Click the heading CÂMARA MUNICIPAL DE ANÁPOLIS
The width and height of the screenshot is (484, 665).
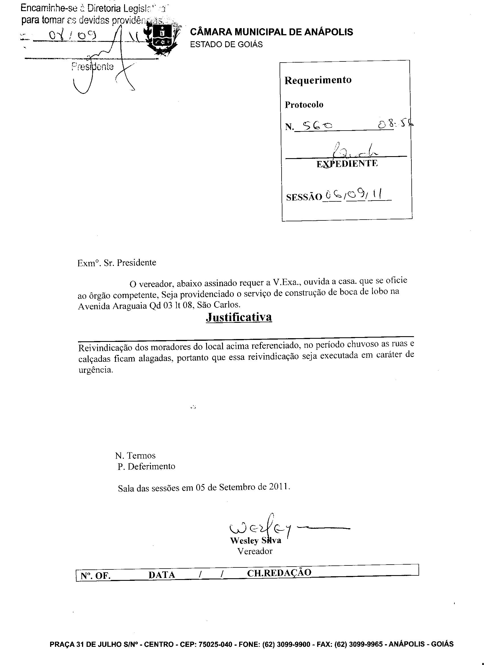271,32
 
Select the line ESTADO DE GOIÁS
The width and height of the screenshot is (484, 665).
226,45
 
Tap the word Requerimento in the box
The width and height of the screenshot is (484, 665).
318,80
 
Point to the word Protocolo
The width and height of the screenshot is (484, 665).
304,105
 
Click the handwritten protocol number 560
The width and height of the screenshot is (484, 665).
317,126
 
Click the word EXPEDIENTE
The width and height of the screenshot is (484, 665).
347,164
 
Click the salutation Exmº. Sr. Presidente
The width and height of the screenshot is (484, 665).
116,263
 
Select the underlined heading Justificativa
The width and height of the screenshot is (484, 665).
239,317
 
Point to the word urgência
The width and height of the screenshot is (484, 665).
96,370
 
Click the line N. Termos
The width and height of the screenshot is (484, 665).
135,455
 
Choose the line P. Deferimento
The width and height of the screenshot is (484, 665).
146,466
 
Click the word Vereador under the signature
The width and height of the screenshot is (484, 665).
255,551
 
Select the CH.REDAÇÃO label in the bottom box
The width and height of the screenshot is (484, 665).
279,573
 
